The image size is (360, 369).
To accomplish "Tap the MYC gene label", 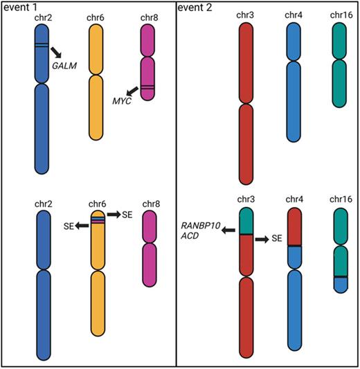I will (x=122, y=102).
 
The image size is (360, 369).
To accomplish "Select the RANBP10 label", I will (x=199, y=225).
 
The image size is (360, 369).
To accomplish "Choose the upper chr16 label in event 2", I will (x=339, y=17).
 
